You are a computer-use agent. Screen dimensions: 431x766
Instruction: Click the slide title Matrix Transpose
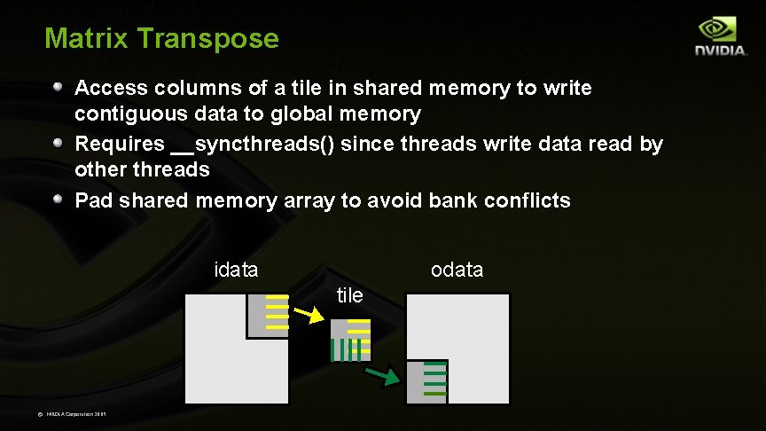(x=161, y=39)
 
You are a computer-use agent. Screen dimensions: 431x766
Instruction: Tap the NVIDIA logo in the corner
(x=720, y=37)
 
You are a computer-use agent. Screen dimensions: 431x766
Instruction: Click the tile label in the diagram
(x=350, y=295)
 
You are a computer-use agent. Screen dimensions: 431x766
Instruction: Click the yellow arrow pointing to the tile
(x=309, y=313)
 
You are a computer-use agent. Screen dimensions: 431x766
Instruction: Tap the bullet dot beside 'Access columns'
(x=58, y=87)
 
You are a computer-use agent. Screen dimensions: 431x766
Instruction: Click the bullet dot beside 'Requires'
(x=58, y=143)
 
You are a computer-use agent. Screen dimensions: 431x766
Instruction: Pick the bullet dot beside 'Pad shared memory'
(x=58, y=200)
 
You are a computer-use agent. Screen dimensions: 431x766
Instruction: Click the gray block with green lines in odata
(x=426, y=381)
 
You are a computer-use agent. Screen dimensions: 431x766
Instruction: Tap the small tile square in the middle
(x=350, y=341)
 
